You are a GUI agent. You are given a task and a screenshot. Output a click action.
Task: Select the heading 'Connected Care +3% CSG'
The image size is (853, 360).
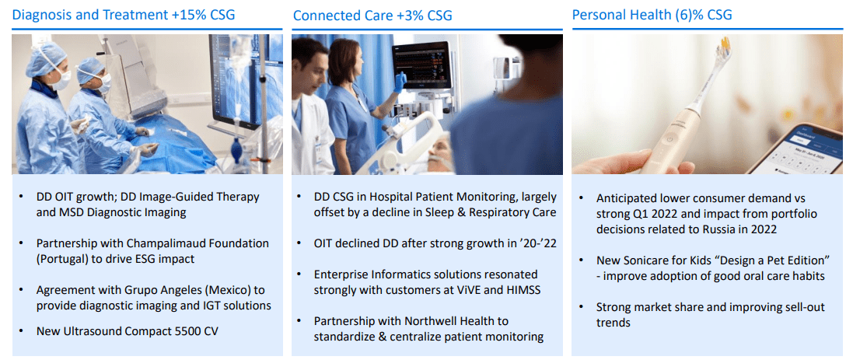(372, 16)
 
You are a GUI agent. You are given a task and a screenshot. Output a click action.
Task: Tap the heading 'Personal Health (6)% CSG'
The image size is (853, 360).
(652, 15)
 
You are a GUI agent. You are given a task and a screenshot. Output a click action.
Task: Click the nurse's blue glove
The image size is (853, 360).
(400, 81)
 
